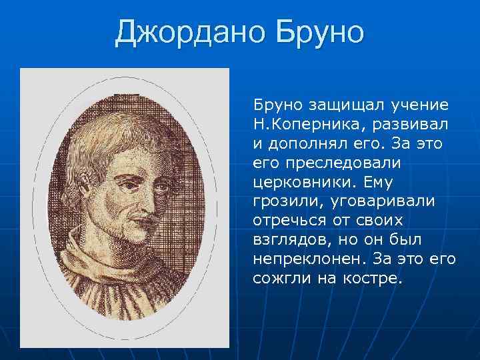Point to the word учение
click(x=416, y=105)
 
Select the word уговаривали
click(x=379, y=201)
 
